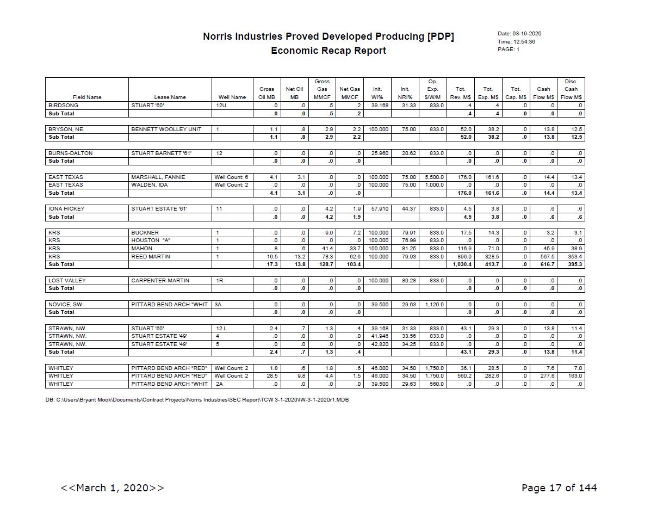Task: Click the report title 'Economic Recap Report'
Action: (328, 51)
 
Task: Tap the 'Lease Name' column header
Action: (170, 97)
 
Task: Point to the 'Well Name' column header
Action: (232, 97)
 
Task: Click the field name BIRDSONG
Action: (63, 106)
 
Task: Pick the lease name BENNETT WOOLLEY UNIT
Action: (166, 129)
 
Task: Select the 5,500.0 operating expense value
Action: (435, 177)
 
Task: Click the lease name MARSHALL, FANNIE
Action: (158, 177)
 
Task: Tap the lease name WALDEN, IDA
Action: (150, 185)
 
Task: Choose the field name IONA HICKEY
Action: (66, 209)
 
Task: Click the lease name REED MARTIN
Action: (151, 257)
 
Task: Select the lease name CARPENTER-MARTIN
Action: (160, 281)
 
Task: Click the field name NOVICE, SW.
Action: (66, 305)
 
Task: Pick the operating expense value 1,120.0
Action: (435, 305)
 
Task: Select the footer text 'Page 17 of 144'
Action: (559, 488)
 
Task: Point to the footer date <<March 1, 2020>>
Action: (112, 488)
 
